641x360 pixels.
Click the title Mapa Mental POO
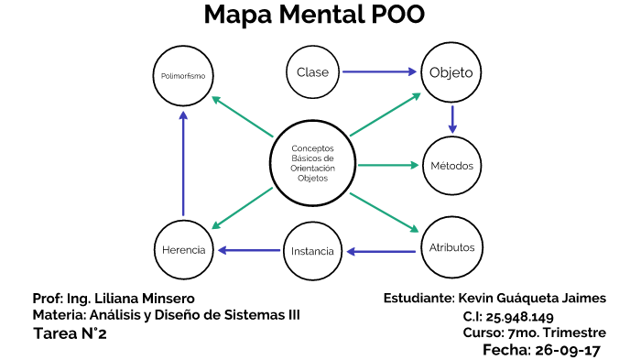tap(314, 16)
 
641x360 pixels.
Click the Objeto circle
tap(451, 71)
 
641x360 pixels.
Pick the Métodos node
tap(451, 166)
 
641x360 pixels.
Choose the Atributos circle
tap(451, 248)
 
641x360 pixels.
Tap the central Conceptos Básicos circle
tap(312, 163)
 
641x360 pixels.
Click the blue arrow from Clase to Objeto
tap(380, 71)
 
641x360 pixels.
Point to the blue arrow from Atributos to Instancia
tap(382, 250)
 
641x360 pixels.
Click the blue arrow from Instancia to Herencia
tap(248, 250)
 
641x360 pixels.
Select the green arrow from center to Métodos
tap(387, 166)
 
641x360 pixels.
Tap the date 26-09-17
tap(567, 349)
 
